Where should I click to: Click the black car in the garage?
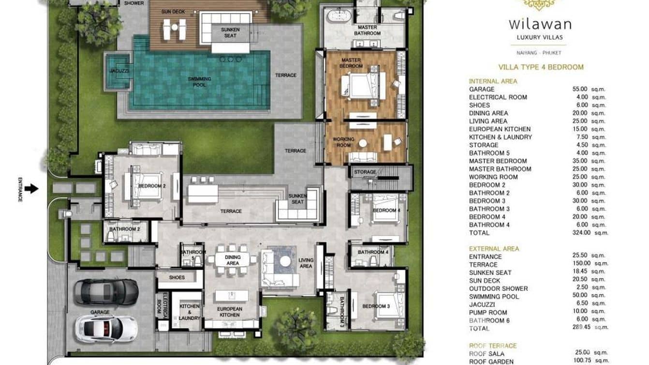coord(106,291)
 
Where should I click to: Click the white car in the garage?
coord(106,329)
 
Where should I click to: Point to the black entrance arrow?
coord(31,188)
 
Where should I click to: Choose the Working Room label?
coord(343,142)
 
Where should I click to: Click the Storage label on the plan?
coord(365,172)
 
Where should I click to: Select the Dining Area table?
coord(233,259)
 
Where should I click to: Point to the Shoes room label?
coord(177,278)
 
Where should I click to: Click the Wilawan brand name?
coord(540,24)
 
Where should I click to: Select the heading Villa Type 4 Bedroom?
coord(541,67)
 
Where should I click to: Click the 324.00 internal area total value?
coord(580,233)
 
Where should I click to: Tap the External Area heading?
coord(494,249)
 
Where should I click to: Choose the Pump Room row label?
coord(488,312)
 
